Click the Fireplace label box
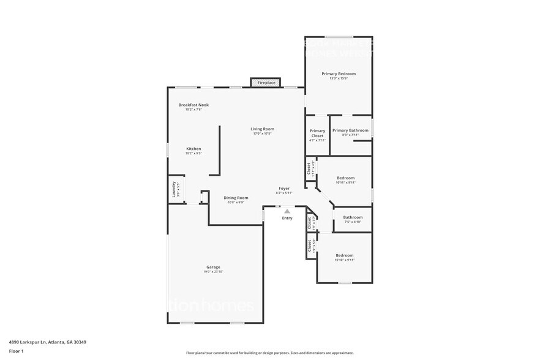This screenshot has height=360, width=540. coord(266,82)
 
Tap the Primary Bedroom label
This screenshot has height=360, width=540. coord(339,73)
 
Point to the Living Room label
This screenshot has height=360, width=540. coord(262,129)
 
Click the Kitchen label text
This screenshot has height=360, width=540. coord(193,149)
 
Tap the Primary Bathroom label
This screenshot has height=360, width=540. coord(350,130)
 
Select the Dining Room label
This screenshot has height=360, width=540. coord(236,198)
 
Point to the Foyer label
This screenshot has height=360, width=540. coord(284,189)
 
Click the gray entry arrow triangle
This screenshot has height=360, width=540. coord(287,211)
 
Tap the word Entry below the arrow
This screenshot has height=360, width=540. coord(287,218)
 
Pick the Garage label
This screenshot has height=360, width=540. coord(213,267)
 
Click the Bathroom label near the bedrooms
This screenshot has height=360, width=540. coord(353,217)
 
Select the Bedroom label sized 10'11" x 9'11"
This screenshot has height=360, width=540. coord(345,178)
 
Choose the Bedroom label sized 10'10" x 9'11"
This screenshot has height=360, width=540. coord(344,255)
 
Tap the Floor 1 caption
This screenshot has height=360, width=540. coord(16,351)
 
